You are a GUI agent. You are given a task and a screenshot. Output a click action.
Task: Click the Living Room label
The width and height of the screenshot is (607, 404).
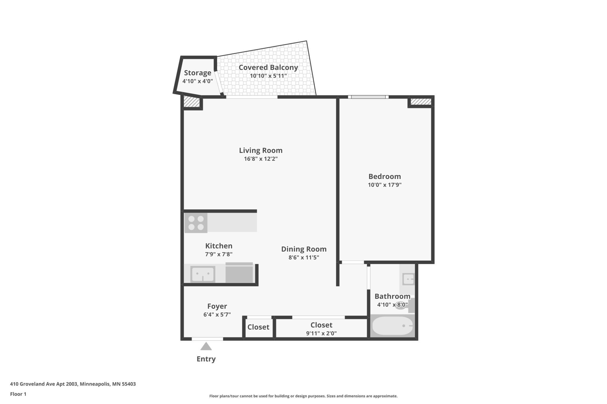click(x=261, y=150)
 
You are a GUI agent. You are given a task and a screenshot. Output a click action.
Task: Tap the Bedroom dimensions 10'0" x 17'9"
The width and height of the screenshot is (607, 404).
click(x=385, y=185)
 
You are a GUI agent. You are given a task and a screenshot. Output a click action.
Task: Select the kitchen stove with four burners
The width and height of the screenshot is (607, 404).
click(x=196, y=223)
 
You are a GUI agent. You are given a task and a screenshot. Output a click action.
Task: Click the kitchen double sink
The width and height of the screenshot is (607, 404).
click(x=203, y=274)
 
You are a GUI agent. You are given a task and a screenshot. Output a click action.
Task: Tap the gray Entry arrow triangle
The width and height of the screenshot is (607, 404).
click(x=206, y=346)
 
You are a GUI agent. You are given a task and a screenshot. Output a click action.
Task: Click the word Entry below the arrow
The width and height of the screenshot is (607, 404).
click(x=206, y=359)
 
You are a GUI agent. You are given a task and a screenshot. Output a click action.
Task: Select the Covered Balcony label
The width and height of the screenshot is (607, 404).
click(x=268, y=67)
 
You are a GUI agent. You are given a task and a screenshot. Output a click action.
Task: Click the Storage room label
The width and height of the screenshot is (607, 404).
click(x=198, y=73)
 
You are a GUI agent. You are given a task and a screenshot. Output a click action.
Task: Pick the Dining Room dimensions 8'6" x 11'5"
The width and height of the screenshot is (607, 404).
click(x=304, y=257)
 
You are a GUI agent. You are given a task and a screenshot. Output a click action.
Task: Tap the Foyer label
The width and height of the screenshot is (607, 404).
click(x=217, y=306)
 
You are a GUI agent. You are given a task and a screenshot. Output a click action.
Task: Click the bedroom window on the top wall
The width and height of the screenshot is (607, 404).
click(x=368, y=97)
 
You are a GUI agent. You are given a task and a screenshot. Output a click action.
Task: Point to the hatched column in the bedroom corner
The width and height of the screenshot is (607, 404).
click(x=421, y=102)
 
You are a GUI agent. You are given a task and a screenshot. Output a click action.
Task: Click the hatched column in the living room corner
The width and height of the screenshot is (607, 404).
click(x=192, y=102)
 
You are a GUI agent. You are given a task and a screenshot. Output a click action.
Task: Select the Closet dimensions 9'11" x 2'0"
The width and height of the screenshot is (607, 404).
click(x=321, y=333)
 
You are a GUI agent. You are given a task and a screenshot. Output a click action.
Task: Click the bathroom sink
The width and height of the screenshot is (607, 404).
click(x=408, y=279)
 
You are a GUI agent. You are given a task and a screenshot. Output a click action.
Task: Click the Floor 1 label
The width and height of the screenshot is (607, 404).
click(x=18, y=394)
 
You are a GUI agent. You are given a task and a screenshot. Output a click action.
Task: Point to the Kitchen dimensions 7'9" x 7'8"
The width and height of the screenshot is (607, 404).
click(x=219, y=254)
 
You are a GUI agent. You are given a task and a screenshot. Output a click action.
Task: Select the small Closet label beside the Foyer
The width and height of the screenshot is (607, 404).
click(x=258, y=327)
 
